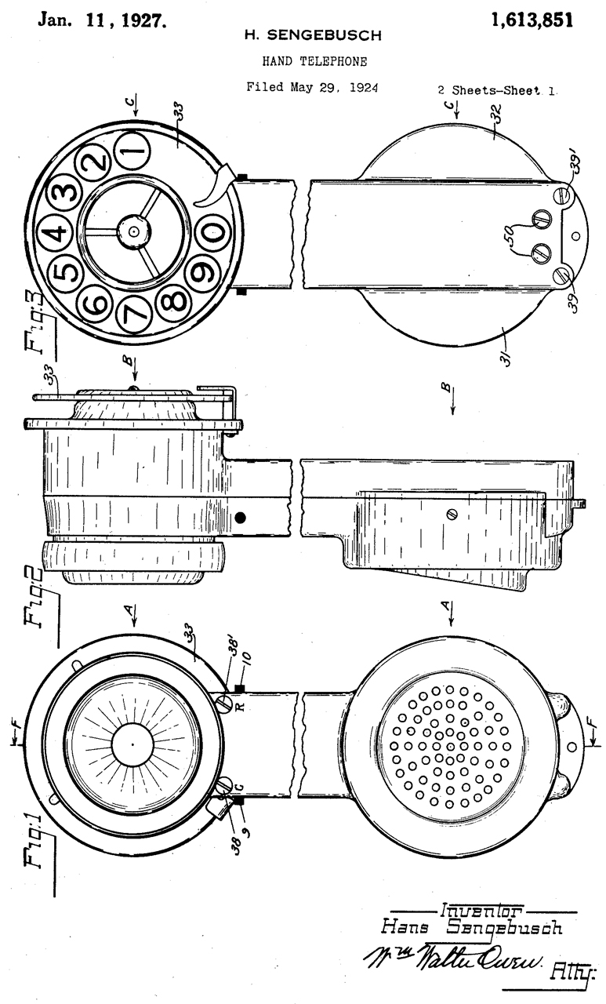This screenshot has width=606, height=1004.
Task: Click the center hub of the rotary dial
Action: [x=134, y=231]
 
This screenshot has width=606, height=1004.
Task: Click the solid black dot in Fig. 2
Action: [x=241, y=518]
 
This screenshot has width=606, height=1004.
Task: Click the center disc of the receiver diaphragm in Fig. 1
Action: [x=133, y=742]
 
